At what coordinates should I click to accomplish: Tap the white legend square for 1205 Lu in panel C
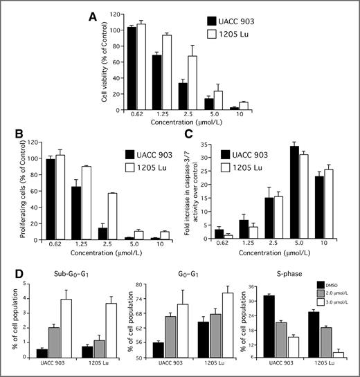[x=225, y=167]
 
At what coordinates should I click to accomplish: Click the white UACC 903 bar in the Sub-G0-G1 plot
[x=67, y=329]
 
